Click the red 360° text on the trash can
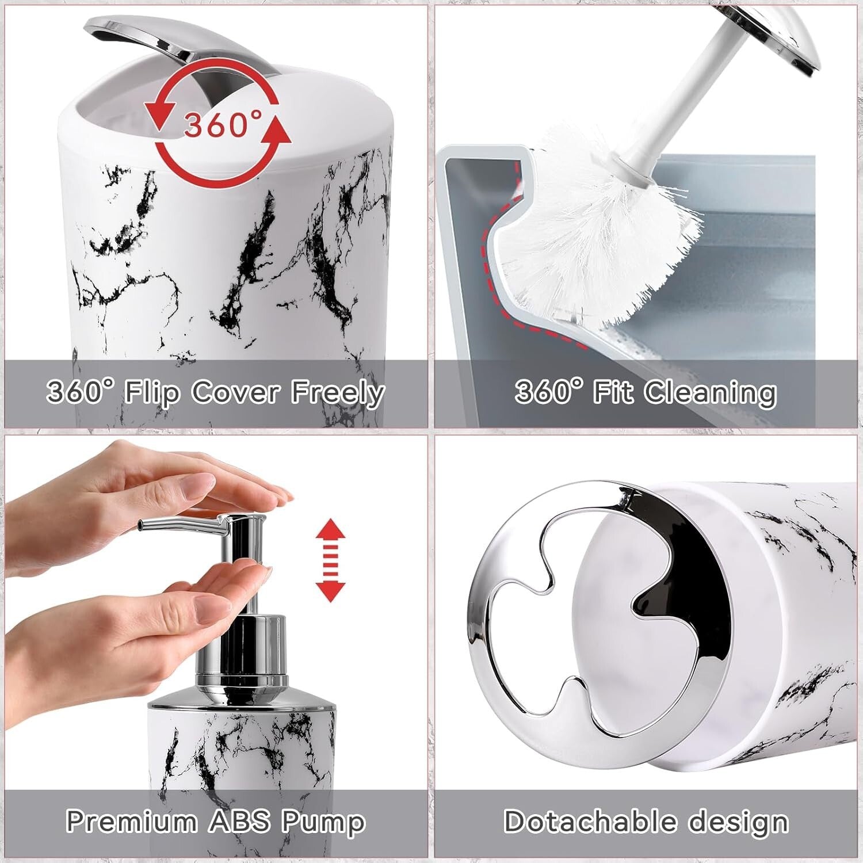coord(222,124)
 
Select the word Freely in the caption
coord(338,393)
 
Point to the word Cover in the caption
coord(236,393)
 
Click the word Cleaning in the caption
coord(710,393)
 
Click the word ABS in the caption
coord(239,822)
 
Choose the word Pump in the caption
coord(323,822)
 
